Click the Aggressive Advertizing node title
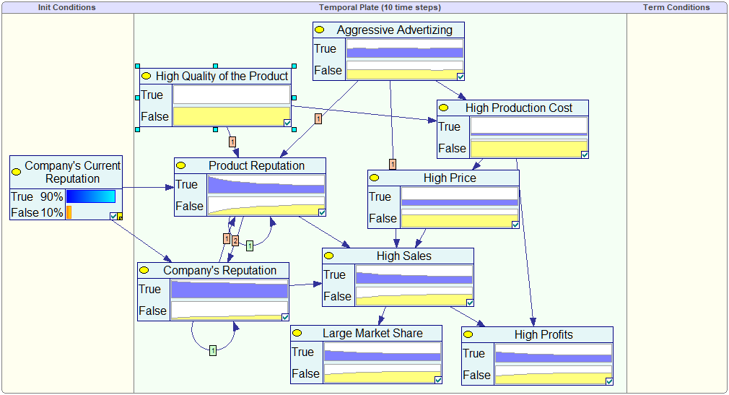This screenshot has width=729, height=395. pos(394,30)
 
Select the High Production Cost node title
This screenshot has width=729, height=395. pos(518,108)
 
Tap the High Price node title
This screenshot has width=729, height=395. pos(449,178)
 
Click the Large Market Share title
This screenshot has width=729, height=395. pos(372,333)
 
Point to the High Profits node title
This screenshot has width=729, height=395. pos(544,334)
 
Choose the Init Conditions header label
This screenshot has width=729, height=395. pos(66,7)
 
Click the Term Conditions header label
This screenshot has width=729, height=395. pos(676,7)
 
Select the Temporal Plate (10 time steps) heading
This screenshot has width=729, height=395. pos(380,7)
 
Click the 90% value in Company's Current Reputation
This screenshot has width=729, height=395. pos(51,196)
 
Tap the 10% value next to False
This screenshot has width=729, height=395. pos(51,212)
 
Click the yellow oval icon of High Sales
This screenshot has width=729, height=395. pos(329,256)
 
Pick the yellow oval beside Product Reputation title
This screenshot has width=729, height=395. pos(181,165)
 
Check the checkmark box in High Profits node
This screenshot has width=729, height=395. pos(609,381)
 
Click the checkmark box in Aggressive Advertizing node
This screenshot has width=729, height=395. pos(460,75)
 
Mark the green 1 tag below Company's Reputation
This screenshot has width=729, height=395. pos(213,350)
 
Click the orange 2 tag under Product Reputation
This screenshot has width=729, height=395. pos(235,240)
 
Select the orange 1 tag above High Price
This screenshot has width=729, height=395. pos(392,164)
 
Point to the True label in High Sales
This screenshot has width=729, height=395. pos(334,274)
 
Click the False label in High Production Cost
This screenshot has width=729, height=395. pos(452,148)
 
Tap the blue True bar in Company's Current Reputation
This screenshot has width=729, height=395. pos(90,196)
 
